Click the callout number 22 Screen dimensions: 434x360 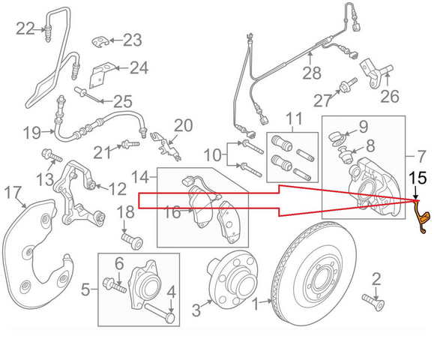pos(25,28)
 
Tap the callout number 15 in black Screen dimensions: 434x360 pos(418,178)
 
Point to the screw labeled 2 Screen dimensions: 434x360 pos(373,302)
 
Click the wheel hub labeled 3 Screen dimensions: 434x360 pos(232,277)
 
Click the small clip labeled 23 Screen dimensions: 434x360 pos(100,41)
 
